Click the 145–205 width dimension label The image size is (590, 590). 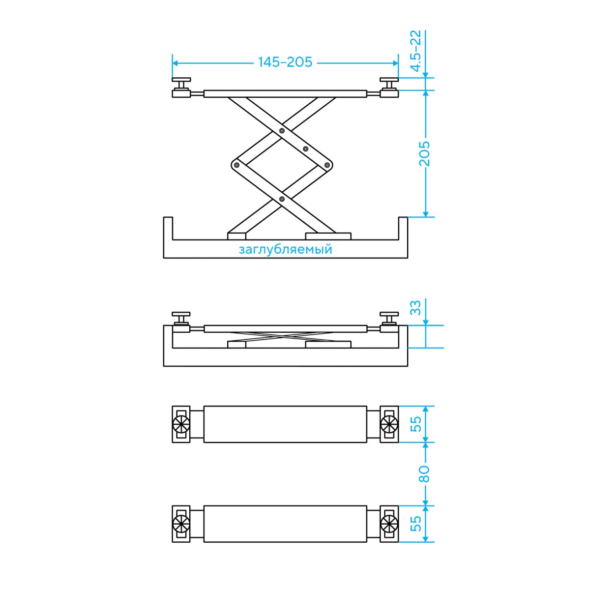point(285,62)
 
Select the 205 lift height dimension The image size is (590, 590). point(425,154)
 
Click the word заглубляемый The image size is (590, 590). point(285,250)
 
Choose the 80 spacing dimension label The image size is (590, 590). point(425,474)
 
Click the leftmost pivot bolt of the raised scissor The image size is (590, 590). point(236,165)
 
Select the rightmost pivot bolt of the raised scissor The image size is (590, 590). point(327,165)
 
